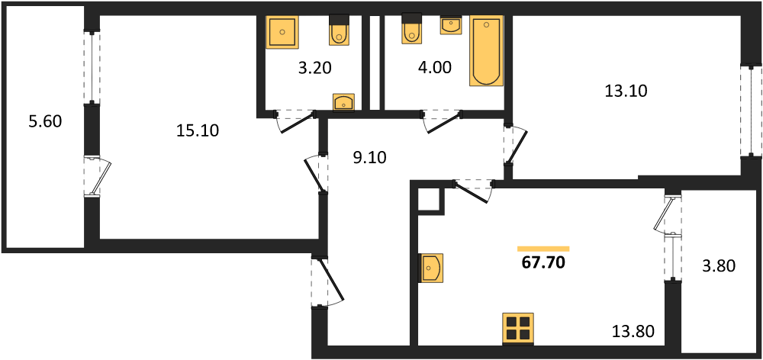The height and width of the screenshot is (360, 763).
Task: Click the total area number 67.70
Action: click(x=543, y=262)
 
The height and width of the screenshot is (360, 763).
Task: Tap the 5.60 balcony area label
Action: click(x=45, y=121)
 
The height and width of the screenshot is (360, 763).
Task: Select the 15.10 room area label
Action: click(x=198, y=130)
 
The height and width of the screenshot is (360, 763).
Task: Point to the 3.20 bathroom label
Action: click(x=315, y=68)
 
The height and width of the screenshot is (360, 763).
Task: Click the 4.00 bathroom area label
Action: click(x=435, y=67)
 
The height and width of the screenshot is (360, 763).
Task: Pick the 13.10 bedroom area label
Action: click(x=626, y=91)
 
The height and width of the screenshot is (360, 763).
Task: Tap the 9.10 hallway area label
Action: click(x=369, y=158)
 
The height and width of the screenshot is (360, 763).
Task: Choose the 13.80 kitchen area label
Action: click(x=633, y=333)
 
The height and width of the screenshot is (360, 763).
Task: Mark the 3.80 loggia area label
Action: click(x=718, y=266)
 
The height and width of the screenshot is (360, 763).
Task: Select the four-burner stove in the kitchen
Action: click(x=518, y=329)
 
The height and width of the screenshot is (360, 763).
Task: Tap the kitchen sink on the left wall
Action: click(x=431, y=268)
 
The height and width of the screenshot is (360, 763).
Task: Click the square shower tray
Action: click(x=282, y=32)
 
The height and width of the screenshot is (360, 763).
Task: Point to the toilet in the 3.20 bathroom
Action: click(x=338, y=31)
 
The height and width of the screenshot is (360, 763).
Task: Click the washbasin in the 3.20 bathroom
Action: click(x=343, y=103)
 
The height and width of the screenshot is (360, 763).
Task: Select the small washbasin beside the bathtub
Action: click(x=452, y=25)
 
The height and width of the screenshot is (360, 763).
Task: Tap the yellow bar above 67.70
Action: click(x=543, y=249)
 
